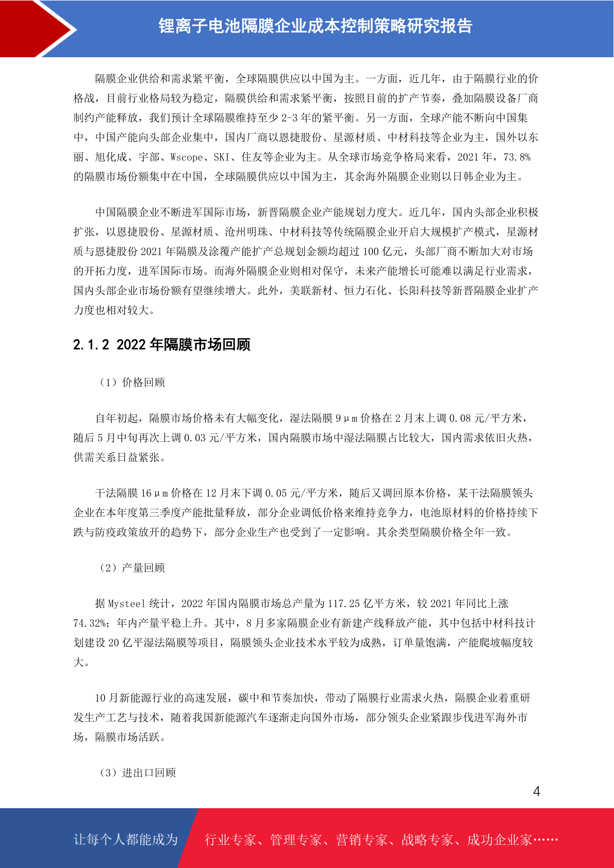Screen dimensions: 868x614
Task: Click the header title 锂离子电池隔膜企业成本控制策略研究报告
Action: [315, 26]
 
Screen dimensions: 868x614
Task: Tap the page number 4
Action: [536, 791]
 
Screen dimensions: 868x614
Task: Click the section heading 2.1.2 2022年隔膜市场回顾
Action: [161, 344]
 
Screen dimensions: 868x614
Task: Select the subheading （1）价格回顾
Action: [132, 382]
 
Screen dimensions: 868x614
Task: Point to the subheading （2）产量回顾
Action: [132, 567]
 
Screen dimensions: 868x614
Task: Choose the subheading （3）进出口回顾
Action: [138, 772]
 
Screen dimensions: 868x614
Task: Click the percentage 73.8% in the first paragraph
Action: [517, 157]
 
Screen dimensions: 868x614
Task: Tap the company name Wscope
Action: [187, 157]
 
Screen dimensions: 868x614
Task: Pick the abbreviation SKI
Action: [222, 157]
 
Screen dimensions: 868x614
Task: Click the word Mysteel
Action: [127, 603]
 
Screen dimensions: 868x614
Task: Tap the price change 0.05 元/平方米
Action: [301, 493]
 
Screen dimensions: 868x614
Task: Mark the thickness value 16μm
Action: [154, 493]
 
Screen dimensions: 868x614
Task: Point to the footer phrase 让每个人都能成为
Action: [126, 839]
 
